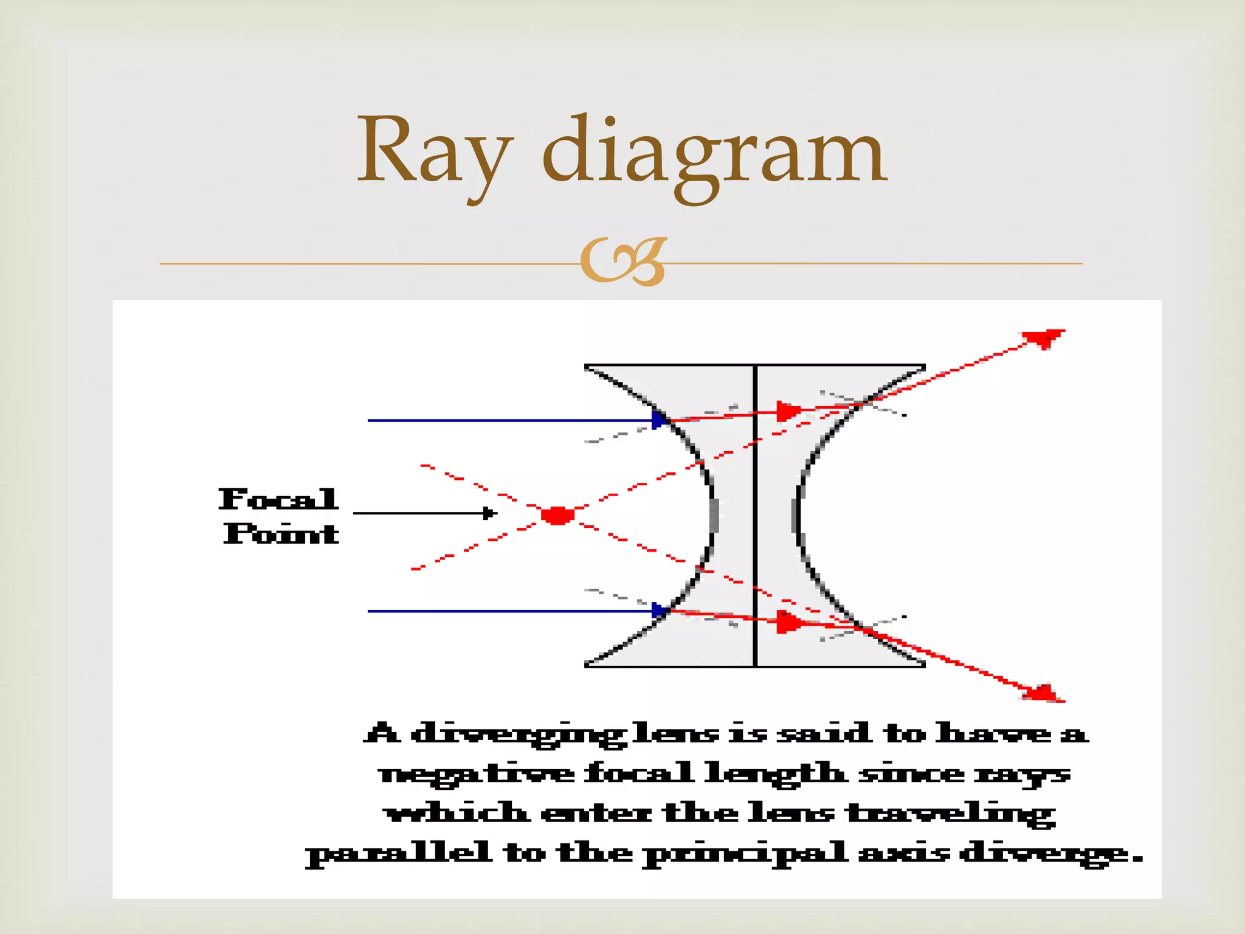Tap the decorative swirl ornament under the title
623,262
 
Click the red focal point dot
557,515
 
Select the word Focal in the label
278,499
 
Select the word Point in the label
281,534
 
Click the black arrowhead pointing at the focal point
489,513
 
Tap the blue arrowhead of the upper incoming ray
659,420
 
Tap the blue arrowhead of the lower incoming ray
659,610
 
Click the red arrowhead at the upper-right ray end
1043,337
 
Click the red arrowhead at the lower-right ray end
1043,693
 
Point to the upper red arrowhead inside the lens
788,411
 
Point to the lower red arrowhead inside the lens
788,623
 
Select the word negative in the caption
476,775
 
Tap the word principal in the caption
745,854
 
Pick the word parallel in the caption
398,854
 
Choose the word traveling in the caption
951,814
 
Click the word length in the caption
774,775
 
